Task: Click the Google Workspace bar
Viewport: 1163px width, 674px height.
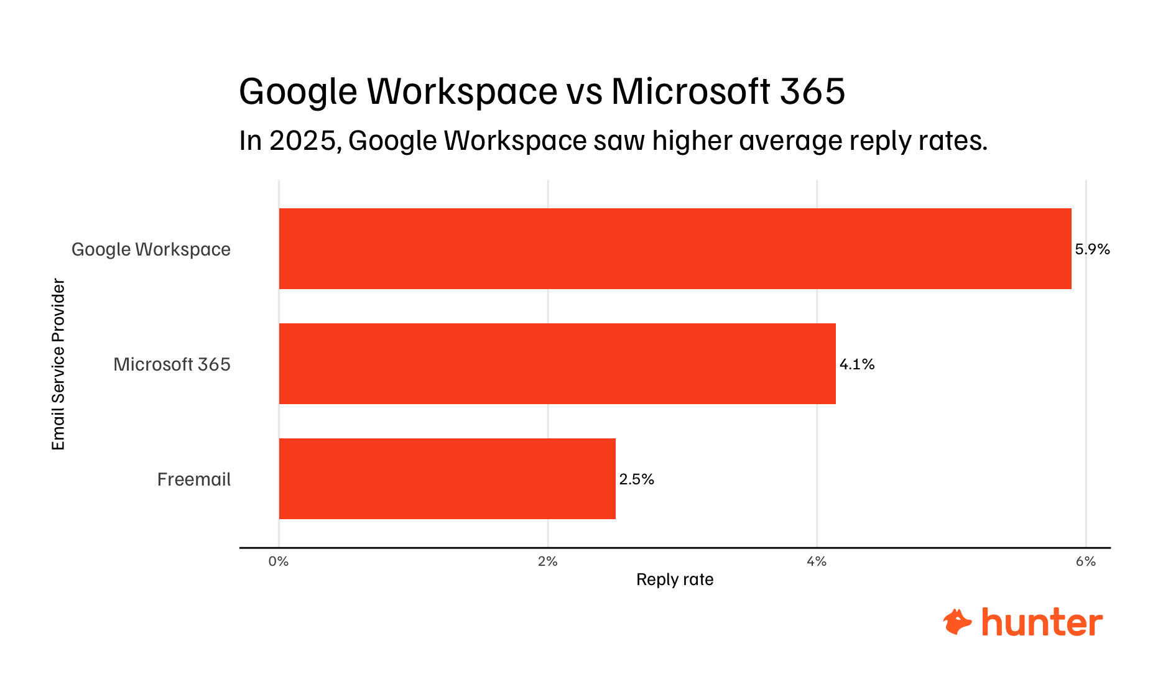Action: tap(675, 249)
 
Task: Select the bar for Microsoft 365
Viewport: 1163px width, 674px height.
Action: tap(557, 364)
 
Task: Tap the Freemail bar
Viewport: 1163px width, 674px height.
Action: tap(447, 479)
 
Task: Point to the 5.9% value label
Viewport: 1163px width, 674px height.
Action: tap(1092, 249)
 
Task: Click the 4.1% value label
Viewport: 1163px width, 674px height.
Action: tap(857, 364)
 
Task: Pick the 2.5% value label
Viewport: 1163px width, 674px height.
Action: tap(636, 479)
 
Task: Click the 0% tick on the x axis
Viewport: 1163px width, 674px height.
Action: tap(279, 561)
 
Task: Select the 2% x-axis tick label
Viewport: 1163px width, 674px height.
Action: tap(548, 561)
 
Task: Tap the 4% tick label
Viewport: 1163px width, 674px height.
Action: tap(817, 561)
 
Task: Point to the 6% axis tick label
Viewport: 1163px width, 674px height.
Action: tap(1085, 561)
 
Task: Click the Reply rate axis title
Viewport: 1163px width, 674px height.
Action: tap(675, 579)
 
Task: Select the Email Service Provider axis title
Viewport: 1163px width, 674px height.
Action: tap(58, 364)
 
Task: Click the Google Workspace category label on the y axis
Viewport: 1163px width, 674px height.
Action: tap(151, 249)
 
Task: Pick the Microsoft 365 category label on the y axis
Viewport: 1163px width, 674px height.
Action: tap(172, 364)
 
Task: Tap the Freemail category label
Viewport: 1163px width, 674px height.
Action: tap(193, 479)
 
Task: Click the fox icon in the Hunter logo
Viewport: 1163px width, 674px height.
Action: tap(957, 622)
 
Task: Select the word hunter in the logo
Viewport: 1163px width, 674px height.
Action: tap(1042, 622)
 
